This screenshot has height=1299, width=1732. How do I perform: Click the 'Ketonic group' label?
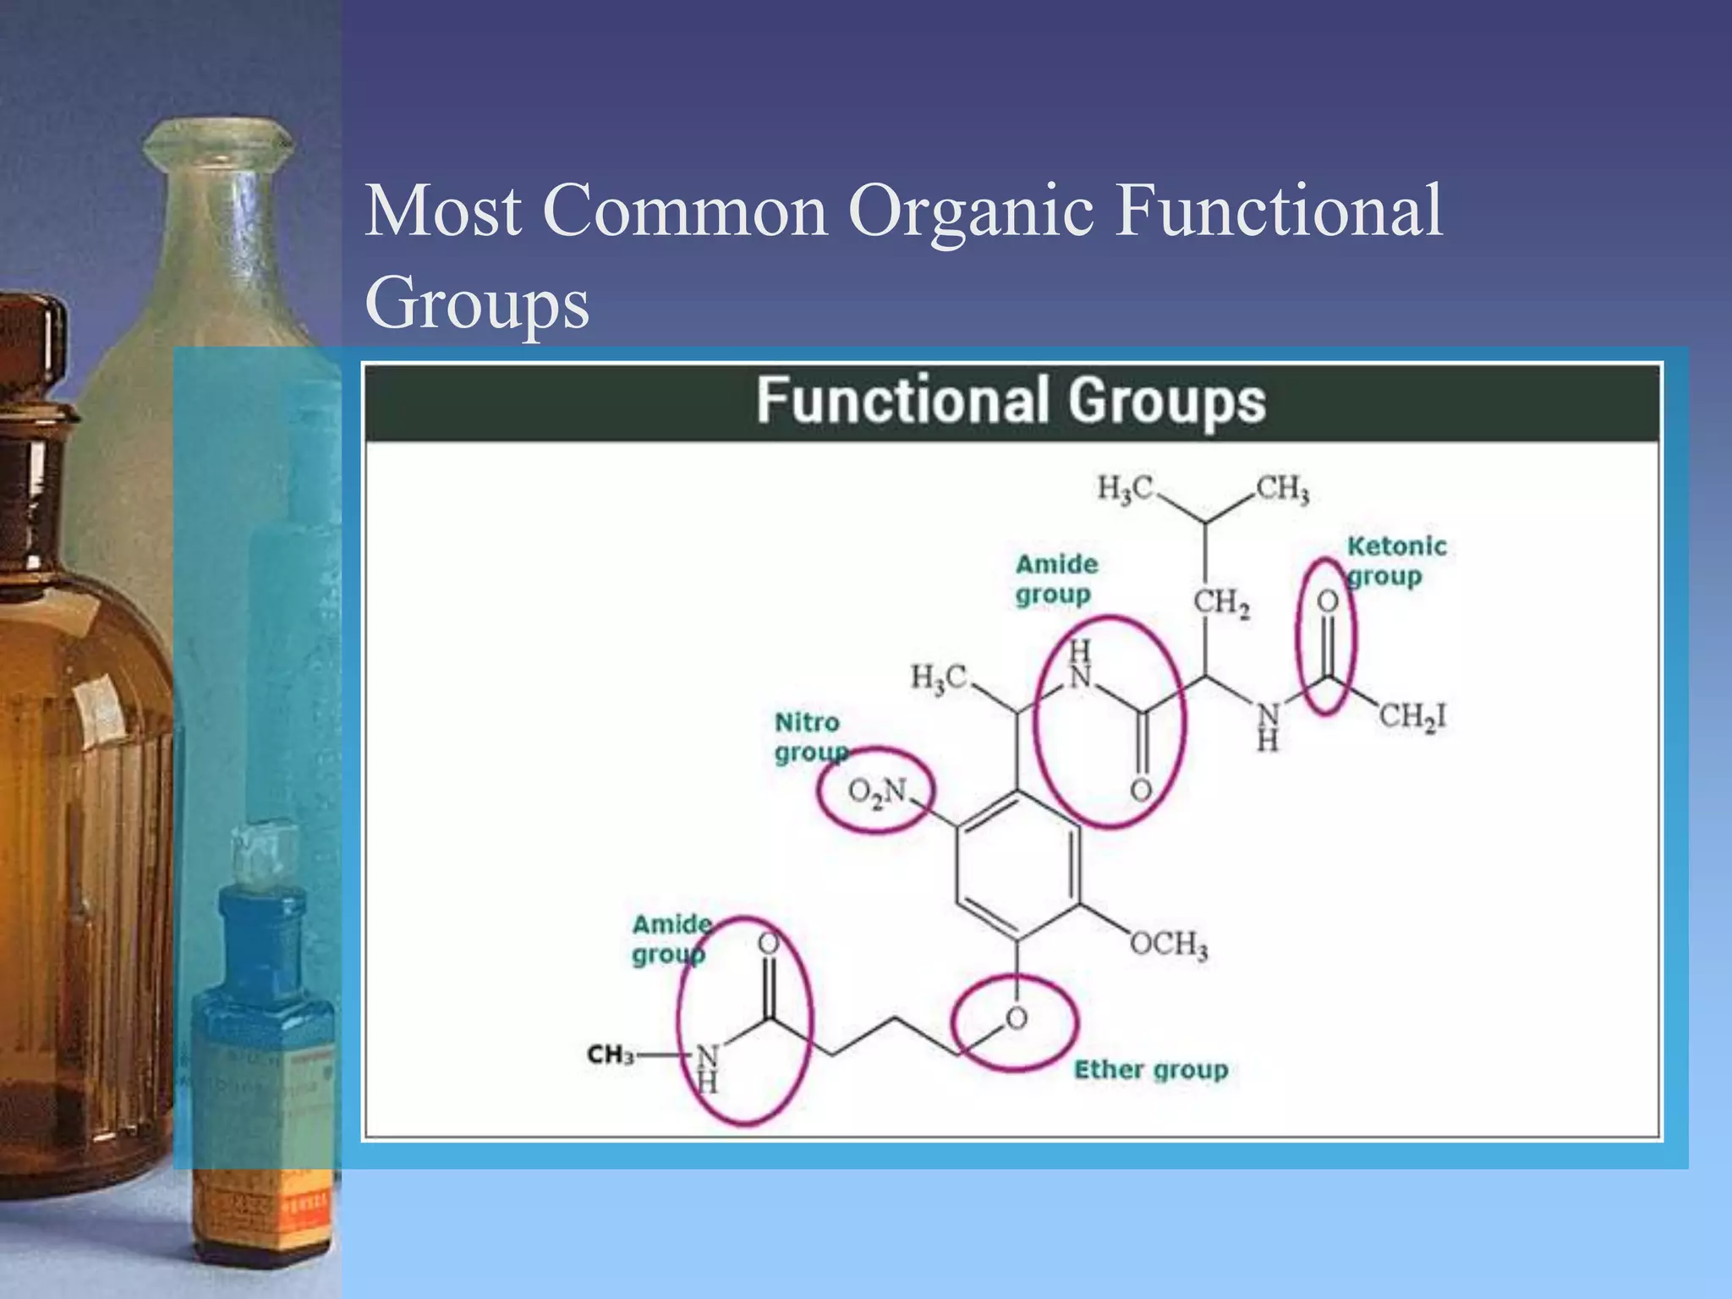pyautogui.click(x=1395, y=561)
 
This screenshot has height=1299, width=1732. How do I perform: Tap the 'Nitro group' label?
pyautogui.click(x=808, y=737)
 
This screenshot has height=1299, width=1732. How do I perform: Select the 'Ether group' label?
pyautogui.click(x=1150, y=1070)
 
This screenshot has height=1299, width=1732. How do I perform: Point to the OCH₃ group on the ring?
pyautogui.click(x=1169, y=944)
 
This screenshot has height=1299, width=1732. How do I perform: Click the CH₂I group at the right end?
pyautogui.click(x=1412, y=717)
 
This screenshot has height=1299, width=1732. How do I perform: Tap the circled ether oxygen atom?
pyautogui.click(x=1017, y=1018)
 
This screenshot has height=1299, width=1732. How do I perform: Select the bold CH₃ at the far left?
pyautogui.click(x=610, y=1055)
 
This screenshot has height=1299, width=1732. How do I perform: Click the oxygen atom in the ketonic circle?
pyautogui.click(x=1328, y=601)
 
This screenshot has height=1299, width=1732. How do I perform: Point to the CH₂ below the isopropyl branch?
pyautogui.click(x=1221, y=603)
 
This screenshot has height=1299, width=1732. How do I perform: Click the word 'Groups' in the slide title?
pyautogui.click(x=476, y=303)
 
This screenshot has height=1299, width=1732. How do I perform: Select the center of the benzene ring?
pyautogui.click(x=1017, y=864)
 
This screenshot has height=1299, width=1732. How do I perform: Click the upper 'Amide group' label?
pyautogui.click(x=1055, y=579)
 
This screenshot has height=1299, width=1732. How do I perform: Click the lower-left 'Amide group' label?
pyautogui.click(x=671, y=939)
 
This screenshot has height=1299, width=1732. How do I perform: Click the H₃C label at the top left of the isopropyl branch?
pyautogui.click(x=1125, y=489)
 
